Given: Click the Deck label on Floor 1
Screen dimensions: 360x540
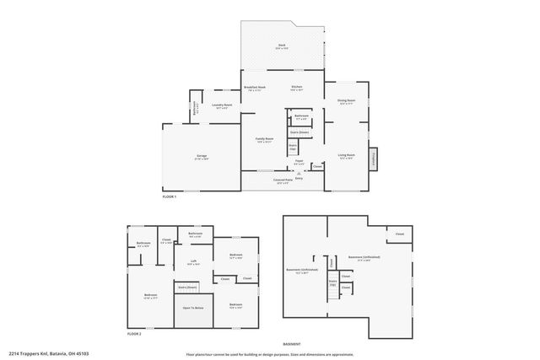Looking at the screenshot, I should tap(282, 46).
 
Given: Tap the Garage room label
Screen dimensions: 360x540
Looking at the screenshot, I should tap(202, 156).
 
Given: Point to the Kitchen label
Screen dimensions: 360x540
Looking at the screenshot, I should tap(296, 88).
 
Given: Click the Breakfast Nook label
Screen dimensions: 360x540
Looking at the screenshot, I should tap(255, 88).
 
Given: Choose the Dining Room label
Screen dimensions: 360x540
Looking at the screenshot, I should tap(346, 102).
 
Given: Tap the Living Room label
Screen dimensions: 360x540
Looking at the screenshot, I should tap(346, 155).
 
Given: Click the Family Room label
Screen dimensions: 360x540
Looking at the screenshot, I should tap(265, 140).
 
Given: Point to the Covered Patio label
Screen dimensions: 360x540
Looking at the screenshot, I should tap(283, 180).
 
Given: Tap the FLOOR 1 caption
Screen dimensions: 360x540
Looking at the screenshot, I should tap(170, 196).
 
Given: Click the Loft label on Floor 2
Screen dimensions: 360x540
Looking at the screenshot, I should tap(193, 261).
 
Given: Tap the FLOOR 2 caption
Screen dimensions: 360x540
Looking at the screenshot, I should tap(134, 334).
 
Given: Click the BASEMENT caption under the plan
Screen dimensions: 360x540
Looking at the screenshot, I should tap(292, 343).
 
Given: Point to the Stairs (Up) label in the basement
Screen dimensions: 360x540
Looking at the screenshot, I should tap(332, 282).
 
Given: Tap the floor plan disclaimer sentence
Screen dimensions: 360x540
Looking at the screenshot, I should tap(275, 353).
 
